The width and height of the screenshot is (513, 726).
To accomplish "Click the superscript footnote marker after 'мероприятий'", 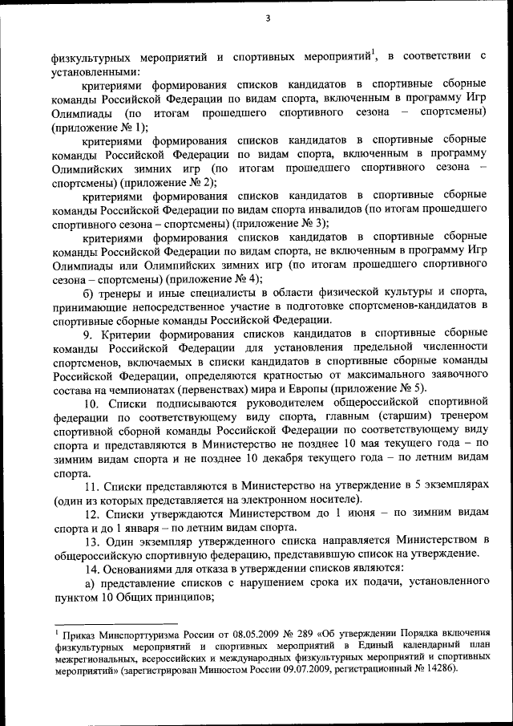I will click(374, 52).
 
